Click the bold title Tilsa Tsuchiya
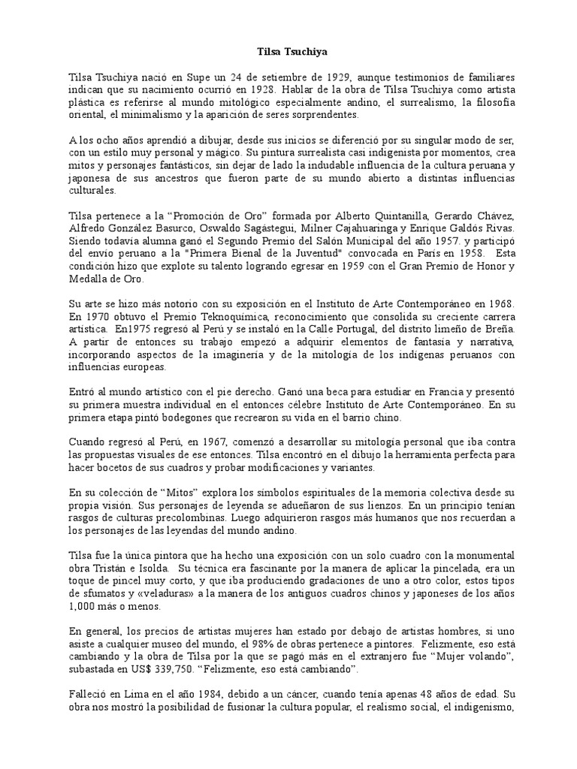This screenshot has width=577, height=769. [288, 53]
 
